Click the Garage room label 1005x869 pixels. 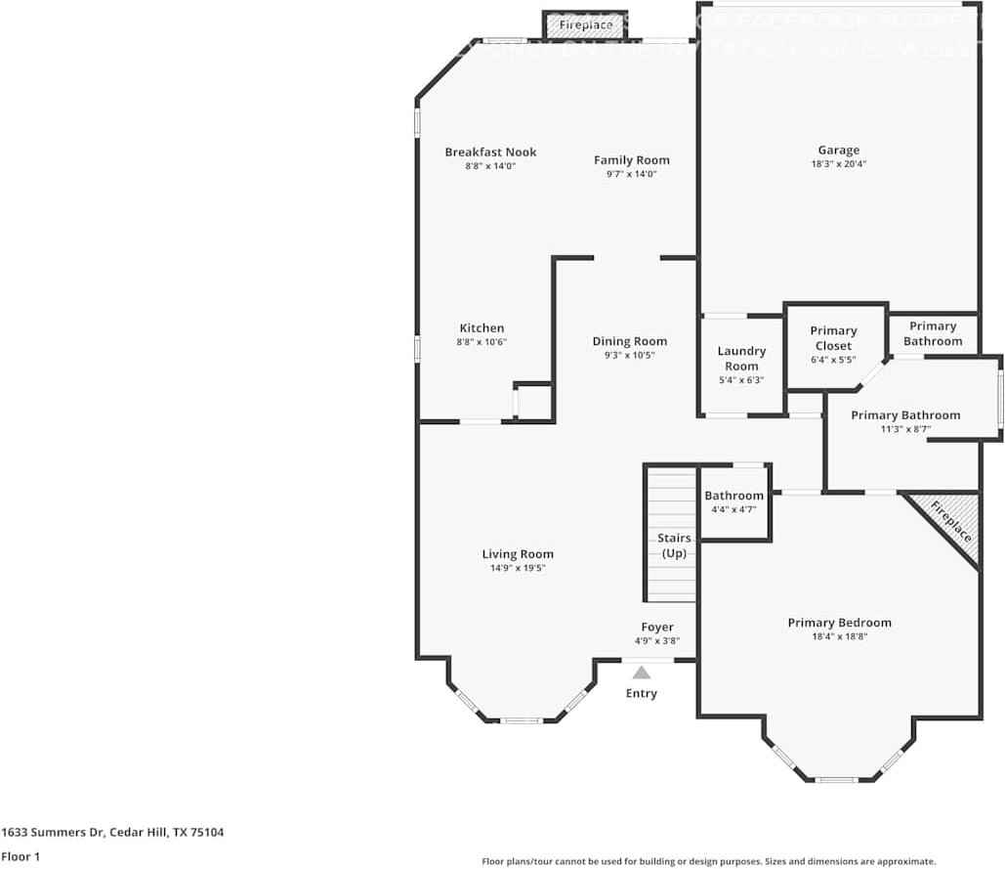coord(838,150)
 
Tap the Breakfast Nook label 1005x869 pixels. coord(490,152)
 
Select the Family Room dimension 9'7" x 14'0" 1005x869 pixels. coord(632,174)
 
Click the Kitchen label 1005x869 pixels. coord(482,328)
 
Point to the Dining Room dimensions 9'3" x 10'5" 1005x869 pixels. coord(629,356)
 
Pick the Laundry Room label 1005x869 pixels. coord(741,358)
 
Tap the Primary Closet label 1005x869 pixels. coord(833,338)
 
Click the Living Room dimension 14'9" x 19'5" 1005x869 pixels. coord(518,568)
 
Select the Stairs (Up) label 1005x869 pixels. coord(675,545)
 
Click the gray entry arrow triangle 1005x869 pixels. coord(642,673)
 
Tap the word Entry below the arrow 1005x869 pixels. coord(642,693)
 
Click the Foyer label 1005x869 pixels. coord(657,627)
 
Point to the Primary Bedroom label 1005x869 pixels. coord(839,623)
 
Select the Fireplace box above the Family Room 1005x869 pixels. coord(586,25)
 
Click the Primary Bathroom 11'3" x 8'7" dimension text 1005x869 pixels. coord(904,429)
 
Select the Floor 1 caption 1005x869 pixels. coord(20,856)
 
